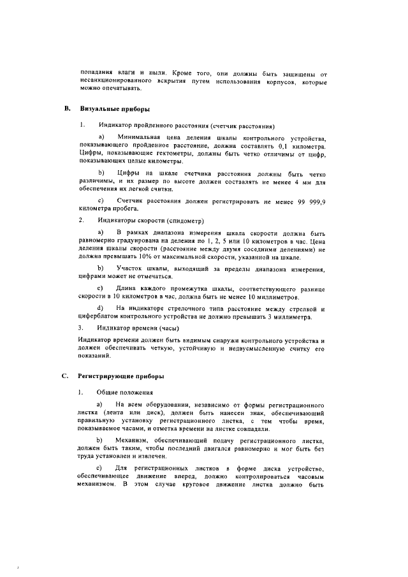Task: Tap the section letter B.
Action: (x=65, y=110)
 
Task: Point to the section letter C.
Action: (x=65, y=376)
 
